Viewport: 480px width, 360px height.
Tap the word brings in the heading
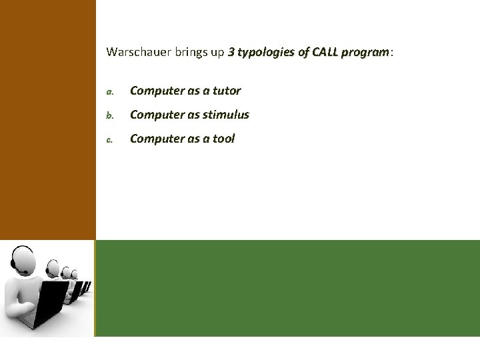188,52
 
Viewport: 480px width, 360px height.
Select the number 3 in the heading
231,52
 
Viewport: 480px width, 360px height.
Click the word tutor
226,91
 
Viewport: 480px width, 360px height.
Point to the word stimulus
226,115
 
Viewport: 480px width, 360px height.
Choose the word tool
223,139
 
